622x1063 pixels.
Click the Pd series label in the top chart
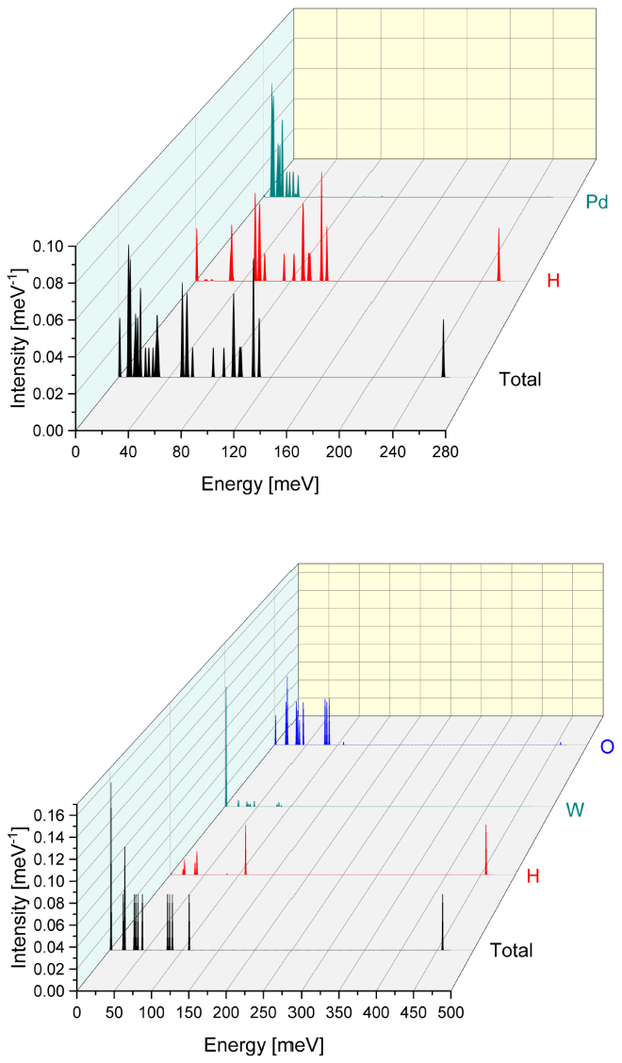click(597, 201)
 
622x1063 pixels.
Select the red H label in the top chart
click(553, 280)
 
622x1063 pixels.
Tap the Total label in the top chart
click(519, 380)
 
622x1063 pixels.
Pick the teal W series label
click(577, 810)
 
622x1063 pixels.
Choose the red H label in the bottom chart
click(532, 876)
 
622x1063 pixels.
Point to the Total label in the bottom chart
click(511, 950)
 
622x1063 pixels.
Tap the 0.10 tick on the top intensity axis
click(48, 246)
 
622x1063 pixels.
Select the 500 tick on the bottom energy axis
click(450, 1012)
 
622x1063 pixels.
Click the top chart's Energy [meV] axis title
click(260, 484)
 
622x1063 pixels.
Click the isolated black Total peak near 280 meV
click(443, 349)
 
